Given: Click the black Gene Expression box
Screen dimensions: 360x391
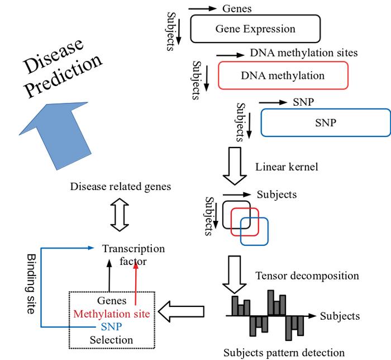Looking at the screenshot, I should point(255,29).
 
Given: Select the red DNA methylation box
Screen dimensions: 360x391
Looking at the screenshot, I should point(283,75).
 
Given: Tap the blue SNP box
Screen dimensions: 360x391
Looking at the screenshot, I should point(325,122).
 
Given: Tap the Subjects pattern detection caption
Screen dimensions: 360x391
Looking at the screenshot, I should point(284,353).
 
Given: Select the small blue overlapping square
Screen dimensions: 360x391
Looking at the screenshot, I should point(255,231).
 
